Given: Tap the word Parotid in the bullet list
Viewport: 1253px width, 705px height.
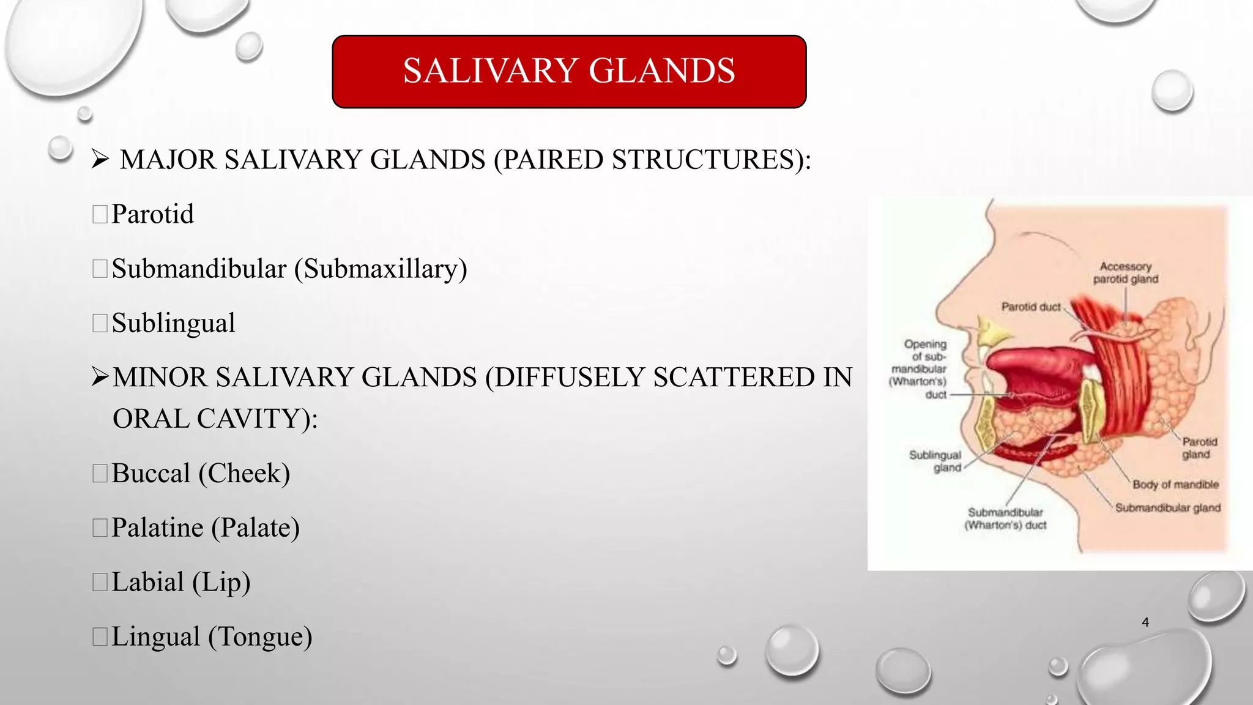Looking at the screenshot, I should click(x=152, y=214).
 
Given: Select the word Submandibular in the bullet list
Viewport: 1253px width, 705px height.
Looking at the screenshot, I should click(x=199, y=269).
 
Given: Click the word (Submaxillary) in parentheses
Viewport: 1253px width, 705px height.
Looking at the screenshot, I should click(x=381, y=269).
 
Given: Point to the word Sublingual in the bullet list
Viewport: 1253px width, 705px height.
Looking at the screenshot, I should click(x=173, y=323).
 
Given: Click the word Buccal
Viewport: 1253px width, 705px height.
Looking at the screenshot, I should click(x=151, y=473).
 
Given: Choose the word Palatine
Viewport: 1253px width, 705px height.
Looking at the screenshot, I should click(x=157, y=528).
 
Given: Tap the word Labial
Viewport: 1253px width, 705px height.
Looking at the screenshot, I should click(x=147, y=582).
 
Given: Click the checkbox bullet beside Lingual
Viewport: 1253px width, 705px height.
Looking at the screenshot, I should click(x=100, y=636).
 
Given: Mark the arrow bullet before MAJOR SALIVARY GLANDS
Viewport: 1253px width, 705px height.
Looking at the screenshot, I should click(x=100, y=160).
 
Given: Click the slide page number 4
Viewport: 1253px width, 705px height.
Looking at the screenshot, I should click(x=1145, y=622).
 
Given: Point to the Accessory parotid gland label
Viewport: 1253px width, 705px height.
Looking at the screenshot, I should click(x=1126, y=273).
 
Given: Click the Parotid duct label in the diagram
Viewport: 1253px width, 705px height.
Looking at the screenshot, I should click(x=1031, y=307).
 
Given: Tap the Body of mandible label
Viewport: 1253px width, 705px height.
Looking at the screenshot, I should click(x=1175, y=485).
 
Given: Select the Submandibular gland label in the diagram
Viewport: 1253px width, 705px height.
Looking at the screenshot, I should click(x=1167, y=508).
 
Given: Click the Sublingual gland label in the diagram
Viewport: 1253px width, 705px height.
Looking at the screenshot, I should click(x=935, y=461).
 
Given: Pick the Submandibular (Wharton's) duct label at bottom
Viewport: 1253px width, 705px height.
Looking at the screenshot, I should click(x=1005, y=518).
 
